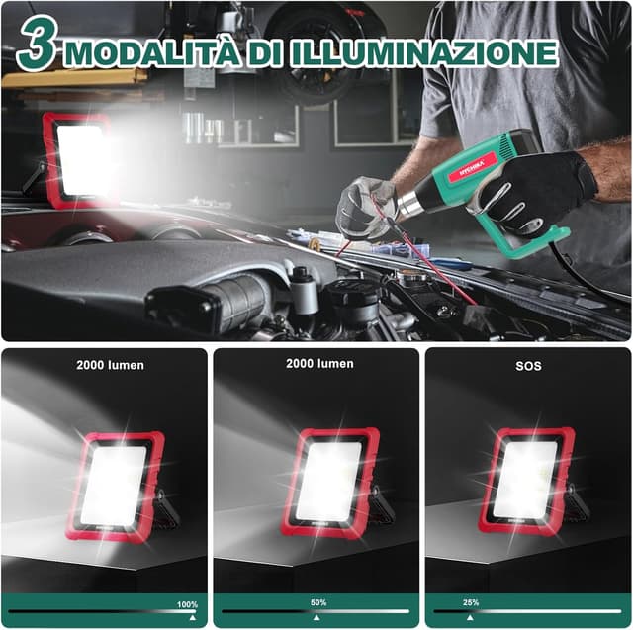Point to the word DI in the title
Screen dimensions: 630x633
[x=262, y=53]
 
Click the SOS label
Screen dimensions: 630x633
[x=528, y=366]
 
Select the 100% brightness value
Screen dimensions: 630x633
[x=187, y=604]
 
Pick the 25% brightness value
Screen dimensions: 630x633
[x=471, y=602]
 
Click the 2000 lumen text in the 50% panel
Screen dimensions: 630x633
[x=319, y=364]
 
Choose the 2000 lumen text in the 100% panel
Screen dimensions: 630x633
[x=110, y=365]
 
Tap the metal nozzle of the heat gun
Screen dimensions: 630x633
[x=407, y=205]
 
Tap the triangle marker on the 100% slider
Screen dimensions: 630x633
[x=192, y=617]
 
